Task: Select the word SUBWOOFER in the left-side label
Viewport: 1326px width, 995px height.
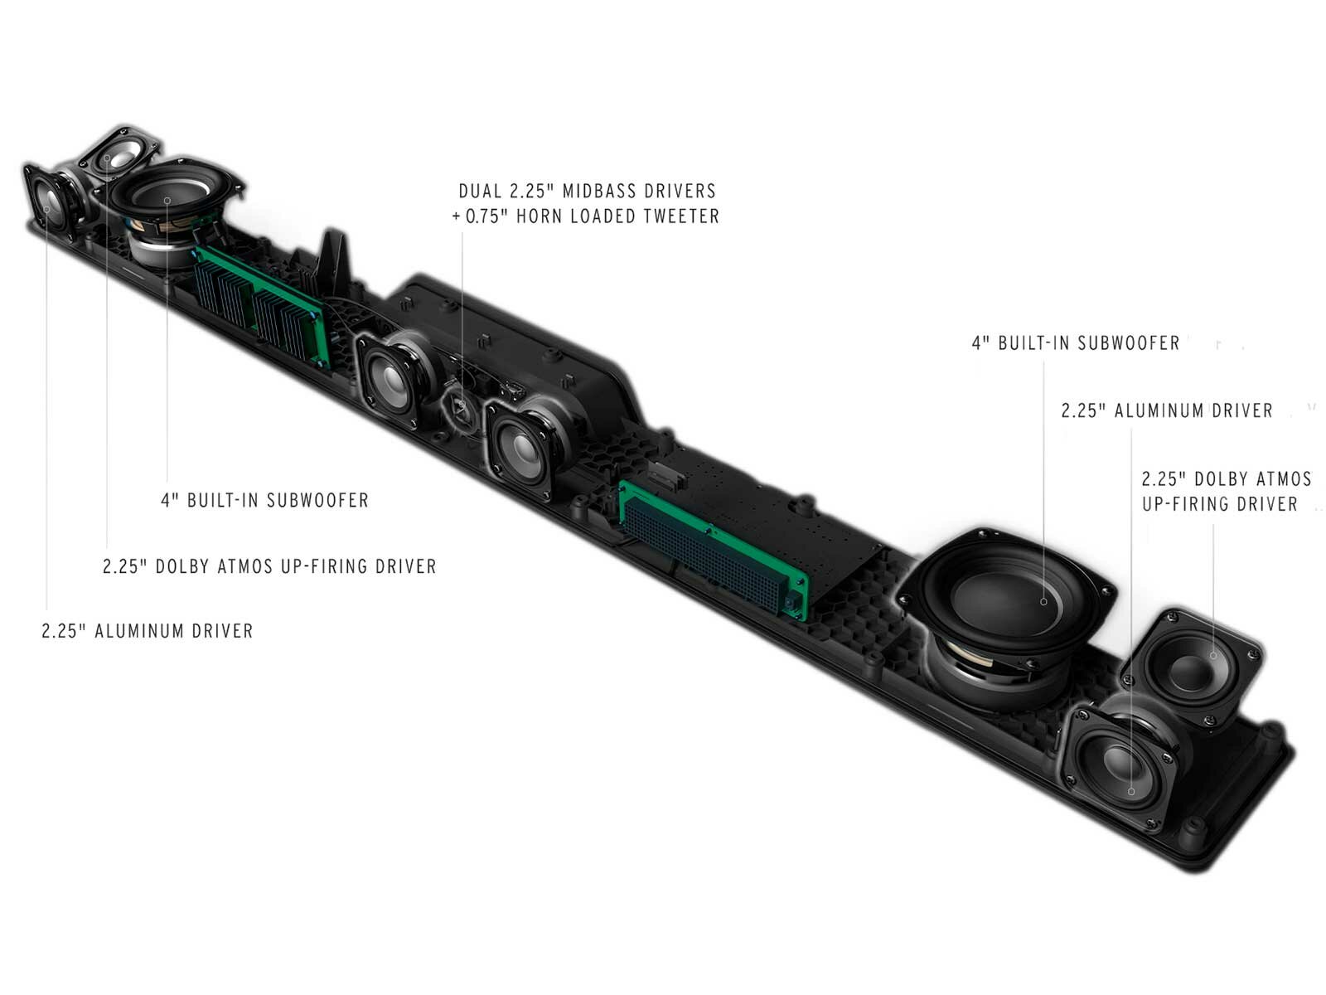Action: tap(319, 501)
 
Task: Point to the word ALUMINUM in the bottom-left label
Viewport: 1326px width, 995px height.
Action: tap(140, 631)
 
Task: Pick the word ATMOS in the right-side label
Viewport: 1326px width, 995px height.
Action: tap(1283, 479)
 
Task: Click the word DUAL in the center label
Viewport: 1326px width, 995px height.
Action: tap(480, 192)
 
